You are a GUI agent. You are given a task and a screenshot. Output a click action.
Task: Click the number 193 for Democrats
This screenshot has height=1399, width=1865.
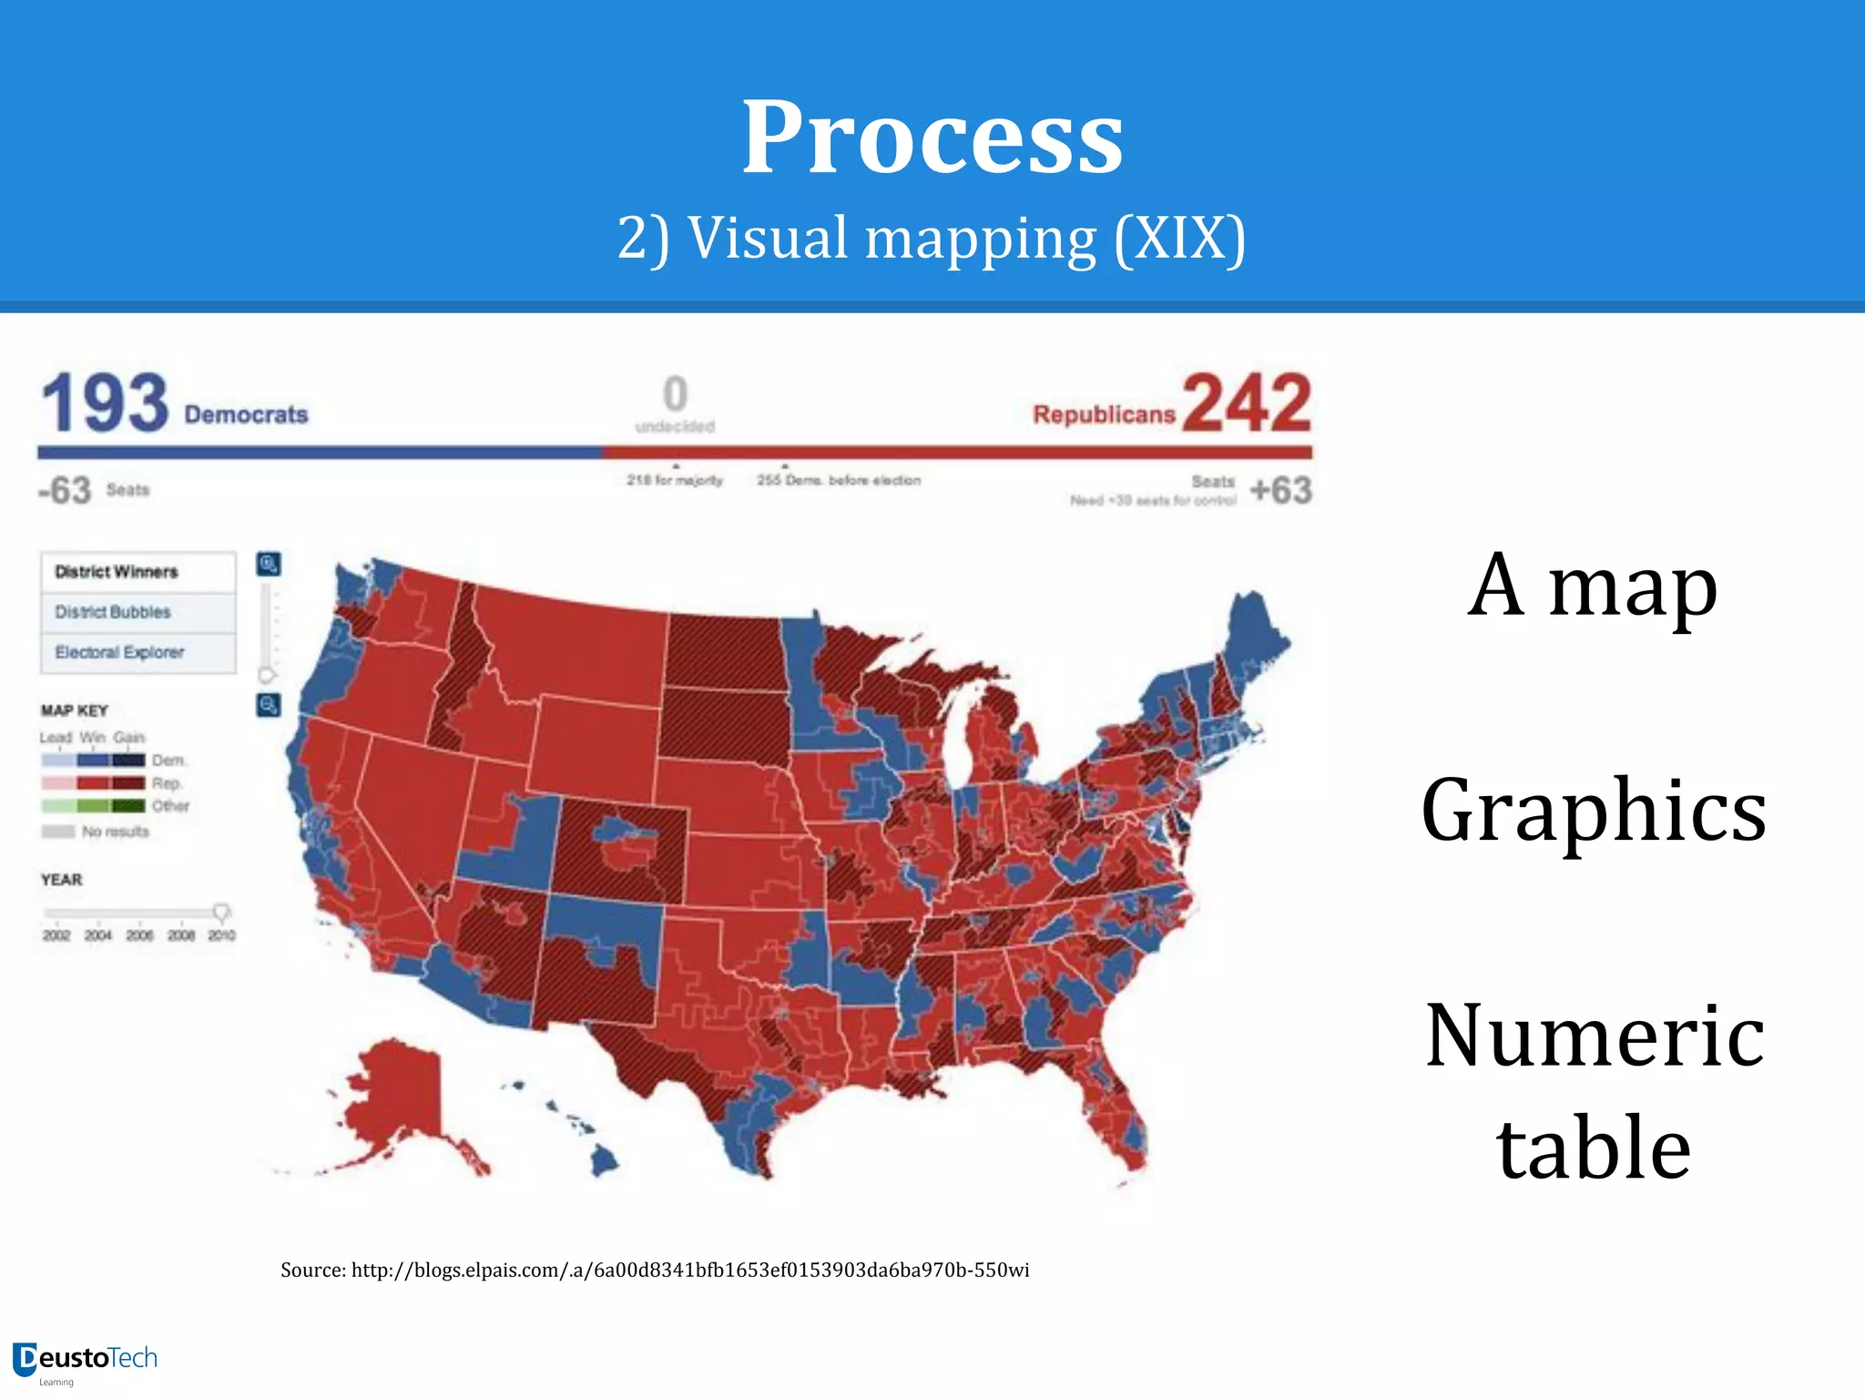click(106, 403)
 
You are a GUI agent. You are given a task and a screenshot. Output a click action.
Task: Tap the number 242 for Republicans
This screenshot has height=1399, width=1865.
click(1247, 403)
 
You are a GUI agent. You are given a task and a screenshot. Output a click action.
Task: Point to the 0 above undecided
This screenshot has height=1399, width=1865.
click(675, 394)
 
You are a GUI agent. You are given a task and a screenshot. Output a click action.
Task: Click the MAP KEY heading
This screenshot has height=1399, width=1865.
click(75, 710)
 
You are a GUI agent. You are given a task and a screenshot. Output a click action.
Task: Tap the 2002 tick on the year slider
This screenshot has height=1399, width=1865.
click(56, 934)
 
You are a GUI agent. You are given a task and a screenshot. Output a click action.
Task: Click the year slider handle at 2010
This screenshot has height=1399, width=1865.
click(221, 912)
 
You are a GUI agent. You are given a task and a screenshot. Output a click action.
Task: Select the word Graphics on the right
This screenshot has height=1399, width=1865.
click(1594, 810)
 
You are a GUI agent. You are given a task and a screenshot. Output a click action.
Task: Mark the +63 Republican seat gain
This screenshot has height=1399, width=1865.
click(1280, 490)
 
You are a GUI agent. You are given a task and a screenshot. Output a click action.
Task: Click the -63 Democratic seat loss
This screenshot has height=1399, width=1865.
click(65, 490)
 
